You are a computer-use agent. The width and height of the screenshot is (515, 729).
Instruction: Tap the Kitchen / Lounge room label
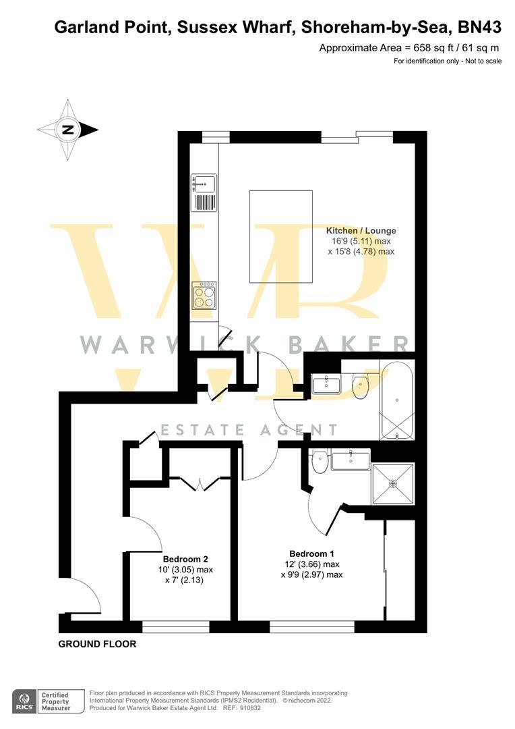click(x=361, y=230)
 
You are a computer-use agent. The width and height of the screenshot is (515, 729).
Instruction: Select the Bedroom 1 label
click(x=311, y=553)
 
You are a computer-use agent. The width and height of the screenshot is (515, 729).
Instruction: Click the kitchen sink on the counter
click(x=204, y=183)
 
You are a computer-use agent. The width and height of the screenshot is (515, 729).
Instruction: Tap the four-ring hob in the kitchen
click(x=204, y=295)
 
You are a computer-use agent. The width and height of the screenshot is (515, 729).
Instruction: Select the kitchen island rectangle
click(x=280, y=236)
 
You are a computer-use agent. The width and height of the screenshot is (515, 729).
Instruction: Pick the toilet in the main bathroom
click(x=361, y=387)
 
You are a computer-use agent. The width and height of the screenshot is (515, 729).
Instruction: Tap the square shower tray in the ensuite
click(x=393, y=483)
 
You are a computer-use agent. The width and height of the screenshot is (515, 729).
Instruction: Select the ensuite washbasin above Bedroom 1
click(x=351, y=460)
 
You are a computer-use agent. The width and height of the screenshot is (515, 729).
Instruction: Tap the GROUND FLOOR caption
click(x=97, y=644)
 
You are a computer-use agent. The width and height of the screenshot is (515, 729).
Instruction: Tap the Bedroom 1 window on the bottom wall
click(x=311, y=626)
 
